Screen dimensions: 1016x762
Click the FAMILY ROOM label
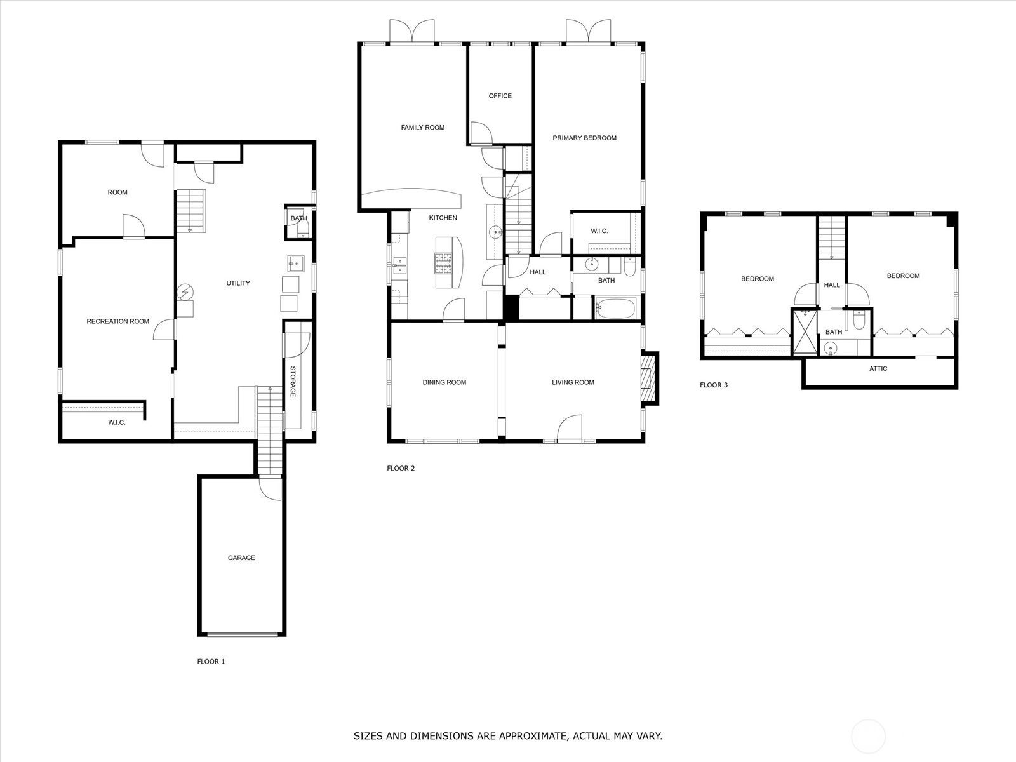(423, 127)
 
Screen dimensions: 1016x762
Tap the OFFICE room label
(500, 96)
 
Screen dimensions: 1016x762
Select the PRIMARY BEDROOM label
(584, 138)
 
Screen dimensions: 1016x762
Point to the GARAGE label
(241, 558)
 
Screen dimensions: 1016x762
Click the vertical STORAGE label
(293, 382)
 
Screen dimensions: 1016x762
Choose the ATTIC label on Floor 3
(878, 368)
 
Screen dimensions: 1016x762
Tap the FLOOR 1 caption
(211, 662)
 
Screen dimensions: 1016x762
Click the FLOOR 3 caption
(713, 385)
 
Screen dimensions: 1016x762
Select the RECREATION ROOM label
(118, 321)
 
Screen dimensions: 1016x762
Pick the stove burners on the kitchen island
(443, 264)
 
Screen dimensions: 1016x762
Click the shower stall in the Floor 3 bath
(805, 331)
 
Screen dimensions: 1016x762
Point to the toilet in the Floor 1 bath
(303, 228)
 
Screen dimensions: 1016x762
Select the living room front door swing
(569, 427)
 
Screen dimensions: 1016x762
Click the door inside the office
(481, 133)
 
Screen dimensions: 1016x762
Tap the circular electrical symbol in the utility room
(185, 292)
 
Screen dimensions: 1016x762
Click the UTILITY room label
(238, 283)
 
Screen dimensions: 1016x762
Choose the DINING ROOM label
(444, 382)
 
